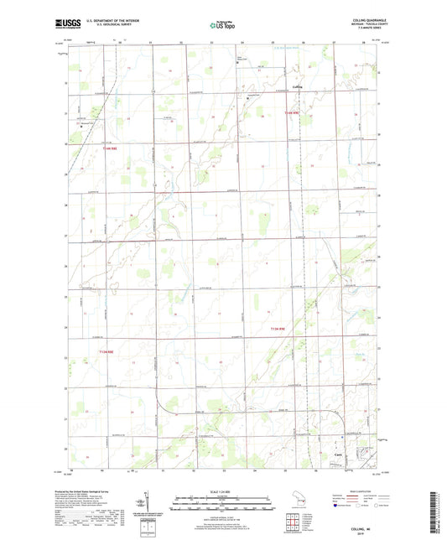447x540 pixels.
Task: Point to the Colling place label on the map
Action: coord(321,86)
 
